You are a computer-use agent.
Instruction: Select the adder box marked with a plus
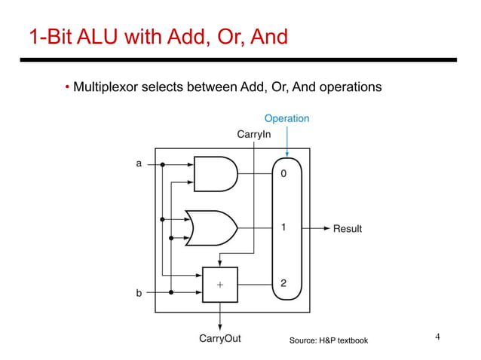(219, 285)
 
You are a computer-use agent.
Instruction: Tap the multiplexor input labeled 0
(283, 173)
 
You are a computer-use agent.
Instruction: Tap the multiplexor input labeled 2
(283, 284)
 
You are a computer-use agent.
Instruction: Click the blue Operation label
(286, 118)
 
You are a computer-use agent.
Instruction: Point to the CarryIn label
(254, 134)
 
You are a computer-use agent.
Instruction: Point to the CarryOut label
(219, 338)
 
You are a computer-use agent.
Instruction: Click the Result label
(348, 229)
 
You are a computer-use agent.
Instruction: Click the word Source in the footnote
(304, 341)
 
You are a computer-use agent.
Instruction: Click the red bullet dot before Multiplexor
(67, 88)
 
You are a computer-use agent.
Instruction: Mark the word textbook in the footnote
(351, 341)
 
